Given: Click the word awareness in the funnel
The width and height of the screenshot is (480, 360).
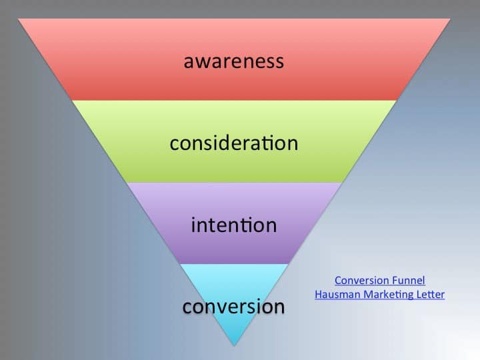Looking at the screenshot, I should point(234,61).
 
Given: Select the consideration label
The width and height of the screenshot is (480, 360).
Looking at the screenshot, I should point(234,143).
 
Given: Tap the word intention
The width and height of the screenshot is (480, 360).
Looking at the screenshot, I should point(234,225).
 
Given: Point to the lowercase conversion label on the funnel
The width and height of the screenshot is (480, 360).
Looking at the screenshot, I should point(234,307).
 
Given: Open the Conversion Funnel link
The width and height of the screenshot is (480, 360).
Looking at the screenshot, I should point(379,281).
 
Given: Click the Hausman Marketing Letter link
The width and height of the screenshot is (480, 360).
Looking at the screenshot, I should point(379,294).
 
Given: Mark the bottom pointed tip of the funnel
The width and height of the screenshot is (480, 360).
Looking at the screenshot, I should point(234,345).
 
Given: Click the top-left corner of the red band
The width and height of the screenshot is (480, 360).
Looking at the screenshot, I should point(19,19).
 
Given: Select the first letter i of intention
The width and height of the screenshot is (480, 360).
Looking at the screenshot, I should point(193,225).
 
